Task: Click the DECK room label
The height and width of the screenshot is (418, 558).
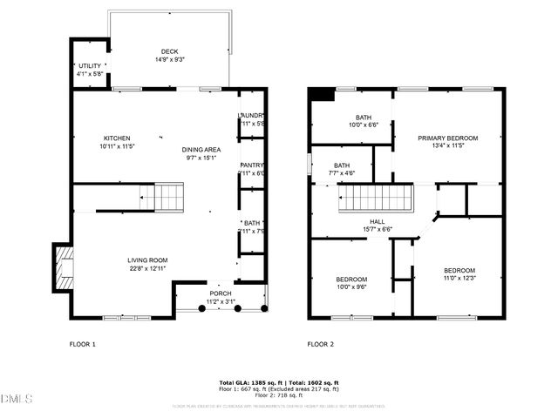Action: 169,51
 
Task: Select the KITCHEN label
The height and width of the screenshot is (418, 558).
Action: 117,138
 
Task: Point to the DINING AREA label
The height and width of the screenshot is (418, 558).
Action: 201,150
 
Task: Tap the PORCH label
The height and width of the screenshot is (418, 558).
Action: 220,293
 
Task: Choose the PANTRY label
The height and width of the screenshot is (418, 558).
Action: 252,165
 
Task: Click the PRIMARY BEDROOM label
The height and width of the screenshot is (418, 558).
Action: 447,138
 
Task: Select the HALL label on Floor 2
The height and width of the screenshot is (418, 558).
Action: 377,222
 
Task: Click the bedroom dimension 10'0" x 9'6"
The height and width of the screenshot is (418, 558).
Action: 351,287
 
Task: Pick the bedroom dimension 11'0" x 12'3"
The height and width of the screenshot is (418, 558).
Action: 459,278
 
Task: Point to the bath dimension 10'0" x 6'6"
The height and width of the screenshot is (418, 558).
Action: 364,125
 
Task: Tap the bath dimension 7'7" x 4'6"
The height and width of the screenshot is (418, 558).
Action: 342,173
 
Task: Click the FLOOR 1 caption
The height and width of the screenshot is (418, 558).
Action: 83,344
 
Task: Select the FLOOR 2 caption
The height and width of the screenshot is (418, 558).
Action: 320,344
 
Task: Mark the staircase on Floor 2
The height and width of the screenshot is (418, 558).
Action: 374,199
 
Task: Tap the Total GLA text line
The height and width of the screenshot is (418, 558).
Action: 278,383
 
